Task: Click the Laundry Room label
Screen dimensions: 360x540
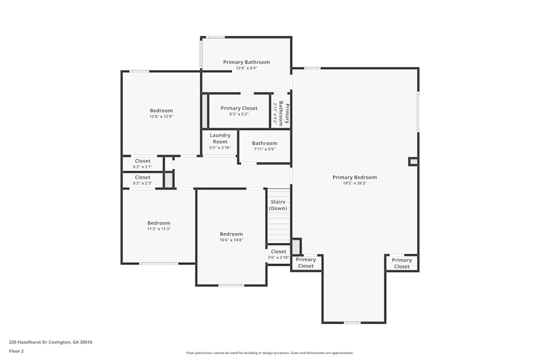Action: [220, 139]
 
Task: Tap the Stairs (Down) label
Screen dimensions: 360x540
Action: [278, 205]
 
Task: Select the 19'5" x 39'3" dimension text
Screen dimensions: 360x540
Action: [354, 184]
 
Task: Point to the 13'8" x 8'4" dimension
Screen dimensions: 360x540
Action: [246, 68]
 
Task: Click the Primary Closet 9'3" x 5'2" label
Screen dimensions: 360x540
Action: [239, 111]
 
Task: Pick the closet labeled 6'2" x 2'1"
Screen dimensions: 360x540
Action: [143, 164]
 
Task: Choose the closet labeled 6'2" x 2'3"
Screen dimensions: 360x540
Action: [143, 180]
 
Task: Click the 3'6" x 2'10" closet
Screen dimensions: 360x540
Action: [279, 254]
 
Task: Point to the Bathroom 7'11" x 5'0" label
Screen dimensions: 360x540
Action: [265, 146]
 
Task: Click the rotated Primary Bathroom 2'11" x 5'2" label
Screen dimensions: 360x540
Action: [281, 113]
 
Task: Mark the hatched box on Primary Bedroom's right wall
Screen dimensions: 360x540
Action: [413, 161]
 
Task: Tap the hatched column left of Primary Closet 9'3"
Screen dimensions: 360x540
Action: [205, 111]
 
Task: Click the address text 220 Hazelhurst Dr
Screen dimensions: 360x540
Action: [50, 342]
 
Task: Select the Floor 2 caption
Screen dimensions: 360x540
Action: [16, 351]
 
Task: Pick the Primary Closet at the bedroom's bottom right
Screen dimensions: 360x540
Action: [402, 263]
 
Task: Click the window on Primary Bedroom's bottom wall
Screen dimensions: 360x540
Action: [352, 323]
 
